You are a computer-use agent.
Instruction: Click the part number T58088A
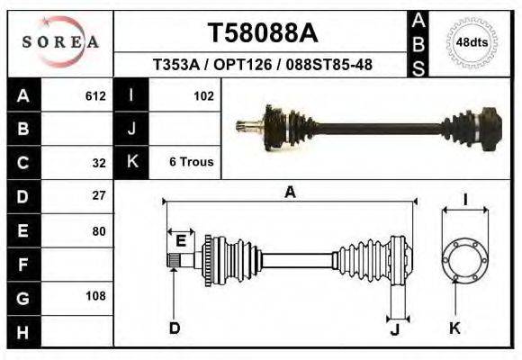pos(262,33)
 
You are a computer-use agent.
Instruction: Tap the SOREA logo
pos(60,42)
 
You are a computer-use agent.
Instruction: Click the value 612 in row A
pos(95,95)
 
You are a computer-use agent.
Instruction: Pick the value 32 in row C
pos(99,163)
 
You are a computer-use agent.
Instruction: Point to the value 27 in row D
pos(99,195)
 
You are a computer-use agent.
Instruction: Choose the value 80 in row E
pos(99,230)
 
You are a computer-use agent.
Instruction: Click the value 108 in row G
pos(95,296)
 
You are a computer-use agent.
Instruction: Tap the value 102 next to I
pos(203,95)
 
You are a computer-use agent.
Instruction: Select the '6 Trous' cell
pos(191,162)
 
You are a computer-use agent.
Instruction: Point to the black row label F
pos(23,265)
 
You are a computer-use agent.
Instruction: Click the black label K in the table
pos(132,162)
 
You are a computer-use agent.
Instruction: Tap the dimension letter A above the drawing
pos(290,191)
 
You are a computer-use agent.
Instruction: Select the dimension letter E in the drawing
pos(181,239)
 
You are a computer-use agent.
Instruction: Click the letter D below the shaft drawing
pos(175,328)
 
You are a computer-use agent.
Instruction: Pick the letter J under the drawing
pos(394,328)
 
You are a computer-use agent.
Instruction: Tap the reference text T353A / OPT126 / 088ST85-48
pos(262,66)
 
